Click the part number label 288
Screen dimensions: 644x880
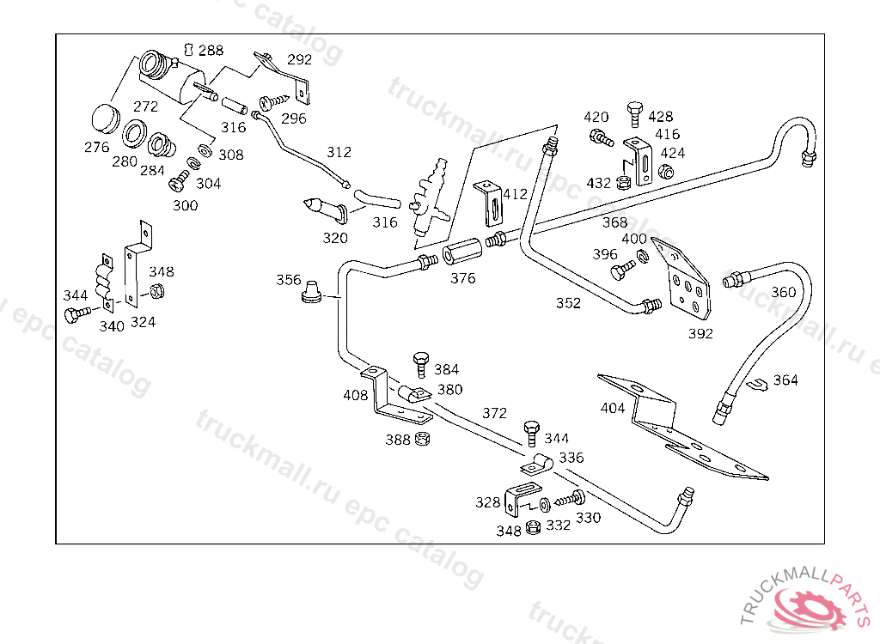[211, 51]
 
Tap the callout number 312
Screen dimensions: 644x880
[339, 152]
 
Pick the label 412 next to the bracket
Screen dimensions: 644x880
[515, 194]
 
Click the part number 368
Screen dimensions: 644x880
[614, 222]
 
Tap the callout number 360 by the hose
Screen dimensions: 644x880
[783, 292]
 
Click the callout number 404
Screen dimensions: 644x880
[613, 408]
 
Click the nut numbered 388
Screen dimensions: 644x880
[422, 440]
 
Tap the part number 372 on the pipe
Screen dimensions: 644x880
[494, 413]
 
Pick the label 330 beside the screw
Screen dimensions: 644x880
[588, 518]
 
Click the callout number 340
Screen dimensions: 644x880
[112, 325]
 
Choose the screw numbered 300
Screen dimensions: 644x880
[180, 183]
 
